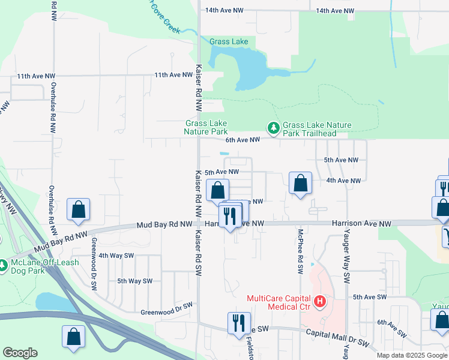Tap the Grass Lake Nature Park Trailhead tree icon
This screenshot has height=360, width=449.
[x=274, y=128]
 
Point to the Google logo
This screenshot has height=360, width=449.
[x=20, y=353]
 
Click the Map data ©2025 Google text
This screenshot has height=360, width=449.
[x=412, y=355]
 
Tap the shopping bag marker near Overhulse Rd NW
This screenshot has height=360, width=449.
[x=78, y=210]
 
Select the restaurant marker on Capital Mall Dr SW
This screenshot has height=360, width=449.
[x=239, y=323]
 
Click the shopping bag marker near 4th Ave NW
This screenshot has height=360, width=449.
[x=300, y=184]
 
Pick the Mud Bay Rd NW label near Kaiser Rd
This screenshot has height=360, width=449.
[x=164, y=224]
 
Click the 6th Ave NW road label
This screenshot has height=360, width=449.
[x=243, y=140]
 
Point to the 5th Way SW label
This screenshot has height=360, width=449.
[x=136, y=281]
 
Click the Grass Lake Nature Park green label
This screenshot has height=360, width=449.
[x=206, y=127]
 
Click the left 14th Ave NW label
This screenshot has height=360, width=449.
[x=224, y=10]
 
